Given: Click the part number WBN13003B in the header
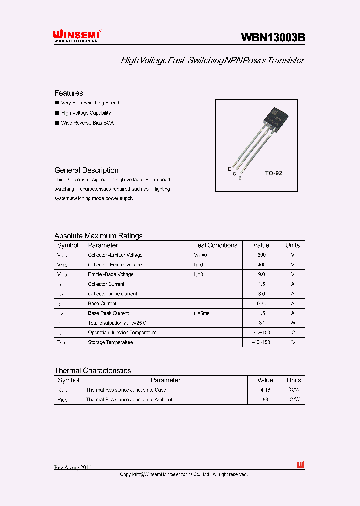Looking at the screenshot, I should [x=273, y=37].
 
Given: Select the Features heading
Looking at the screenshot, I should [x=69, y=93].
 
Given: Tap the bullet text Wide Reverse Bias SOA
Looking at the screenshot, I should [x=87, y=123].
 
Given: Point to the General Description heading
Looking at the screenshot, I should [x=86, y=170].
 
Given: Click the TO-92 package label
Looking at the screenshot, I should [x=273, y=173].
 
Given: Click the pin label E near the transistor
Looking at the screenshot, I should [x=229, y=169].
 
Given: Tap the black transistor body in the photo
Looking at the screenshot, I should [x=275, y=117].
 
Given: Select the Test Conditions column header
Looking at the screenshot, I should [x=216, y=245].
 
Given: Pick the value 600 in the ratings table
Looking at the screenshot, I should [x=261, y=255].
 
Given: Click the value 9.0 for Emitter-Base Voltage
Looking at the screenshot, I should [x=261, y=274].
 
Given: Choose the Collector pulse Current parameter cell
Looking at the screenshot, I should [x=112, y=294].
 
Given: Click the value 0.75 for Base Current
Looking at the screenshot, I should [x=261, y=303].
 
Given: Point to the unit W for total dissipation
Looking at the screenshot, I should [x=293, y=323].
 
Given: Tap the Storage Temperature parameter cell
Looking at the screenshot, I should [x=110, y=342].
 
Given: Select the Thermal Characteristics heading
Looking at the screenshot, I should [x=93, y=371].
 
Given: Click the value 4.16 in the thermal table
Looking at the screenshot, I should [x=265, y=390].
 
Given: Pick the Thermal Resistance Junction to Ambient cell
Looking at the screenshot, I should [x=129, y=400].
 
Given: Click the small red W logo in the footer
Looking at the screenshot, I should [x=300, y=465].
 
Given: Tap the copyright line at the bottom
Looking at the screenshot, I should [x=184, y=474].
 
